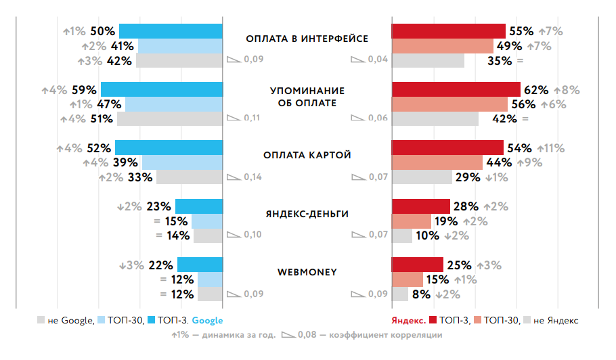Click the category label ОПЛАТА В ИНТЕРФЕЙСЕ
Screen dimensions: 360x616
[307, 39]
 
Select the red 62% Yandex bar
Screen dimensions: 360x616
[456, 89]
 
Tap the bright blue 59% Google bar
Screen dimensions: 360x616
[162, 89]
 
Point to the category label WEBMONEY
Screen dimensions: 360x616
[307, 273]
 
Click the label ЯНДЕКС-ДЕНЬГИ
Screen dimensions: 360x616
[307, 214]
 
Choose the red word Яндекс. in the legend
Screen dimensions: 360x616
[409, 320]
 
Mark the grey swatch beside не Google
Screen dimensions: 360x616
[41, 320]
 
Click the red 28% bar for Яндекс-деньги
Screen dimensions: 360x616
[420, 206]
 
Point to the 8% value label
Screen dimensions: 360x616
[421, 294]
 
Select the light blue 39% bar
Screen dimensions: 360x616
[182, 162]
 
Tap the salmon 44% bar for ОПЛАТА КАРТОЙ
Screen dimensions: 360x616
[437, 162]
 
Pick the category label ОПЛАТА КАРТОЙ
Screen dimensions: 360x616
[307, 155]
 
